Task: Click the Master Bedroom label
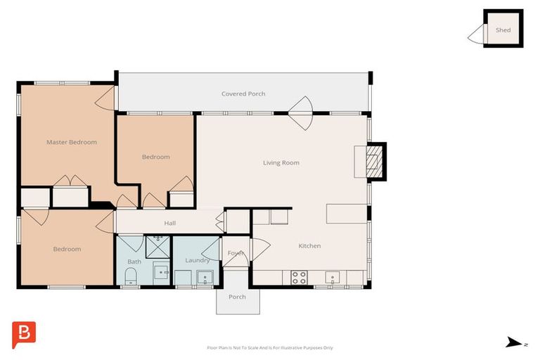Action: [x=71, y=142]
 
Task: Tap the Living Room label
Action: [x=281, y=162]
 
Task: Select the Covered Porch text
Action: [x=243, y=94]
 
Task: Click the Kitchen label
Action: [x=309, y=245]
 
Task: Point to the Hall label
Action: [x=169, y=223]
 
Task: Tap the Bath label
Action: [x=134, y=262]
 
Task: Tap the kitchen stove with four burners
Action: [x=299, y=278]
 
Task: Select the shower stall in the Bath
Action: [x=157, y=246]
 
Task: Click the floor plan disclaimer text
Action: [x=270, y=347]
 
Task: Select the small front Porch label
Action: [x=238, y=297]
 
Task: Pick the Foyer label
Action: [x=235, y=253]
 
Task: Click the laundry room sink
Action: [x=204, y=276]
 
